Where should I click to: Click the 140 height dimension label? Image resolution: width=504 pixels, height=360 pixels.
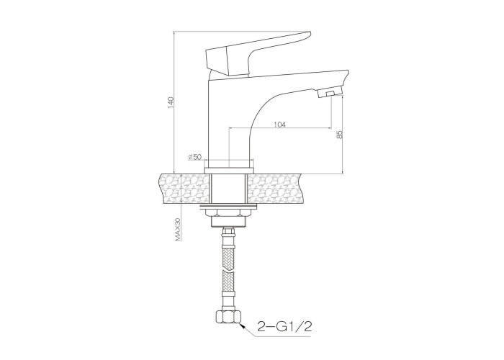pos(171,102)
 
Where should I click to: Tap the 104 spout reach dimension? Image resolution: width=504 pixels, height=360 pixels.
pos(279,125)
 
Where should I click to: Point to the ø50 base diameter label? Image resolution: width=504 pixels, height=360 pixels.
pos(195,157)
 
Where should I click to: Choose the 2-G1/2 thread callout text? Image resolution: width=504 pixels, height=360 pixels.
pos(284,327)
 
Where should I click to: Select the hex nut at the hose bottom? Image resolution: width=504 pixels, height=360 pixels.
pos(228,318)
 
